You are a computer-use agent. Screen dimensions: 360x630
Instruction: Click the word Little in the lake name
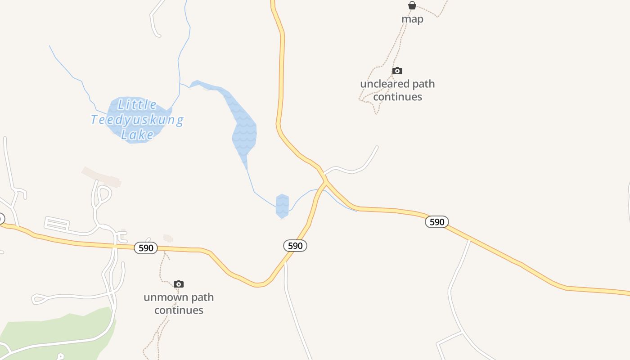[x=137, y=105]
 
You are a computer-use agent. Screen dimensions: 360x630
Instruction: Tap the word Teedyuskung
[x=137, y=120]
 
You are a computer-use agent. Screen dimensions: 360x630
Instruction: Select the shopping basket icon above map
[x=412, y=5]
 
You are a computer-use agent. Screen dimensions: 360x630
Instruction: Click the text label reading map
[x=412, y=19]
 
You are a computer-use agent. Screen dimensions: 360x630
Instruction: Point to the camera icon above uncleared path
[x=397, y=71]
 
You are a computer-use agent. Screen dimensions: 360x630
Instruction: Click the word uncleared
[x=385, y=84]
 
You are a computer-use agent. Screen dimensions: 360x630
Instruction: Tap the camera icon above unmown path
[x=179, y=284]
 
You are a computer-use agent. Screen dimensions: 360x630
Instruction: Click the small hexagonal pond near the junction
[x=282, y=206]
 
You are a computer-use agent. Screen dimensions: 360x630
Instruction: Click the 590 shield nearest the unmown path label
[x=146, y=248]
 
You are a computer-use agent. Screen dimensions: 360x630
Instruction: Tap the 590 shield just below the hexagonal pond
[x=295, y=246]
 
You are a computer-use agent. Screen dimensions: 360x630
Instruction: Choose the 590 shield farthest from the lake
[x=437, y=222]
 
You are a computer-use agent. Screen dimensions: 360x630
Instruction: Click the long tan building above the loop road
[x=102, y=176]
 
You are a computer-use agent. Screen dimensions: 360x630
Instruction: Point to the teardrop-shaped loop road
[x=103, y=195]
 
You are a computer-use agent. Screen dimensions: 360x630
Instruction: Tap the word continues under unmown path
[x=179, y=310]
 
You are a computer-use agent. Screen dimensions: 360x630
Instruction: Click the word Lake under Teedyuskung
[x=137, y=135]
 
